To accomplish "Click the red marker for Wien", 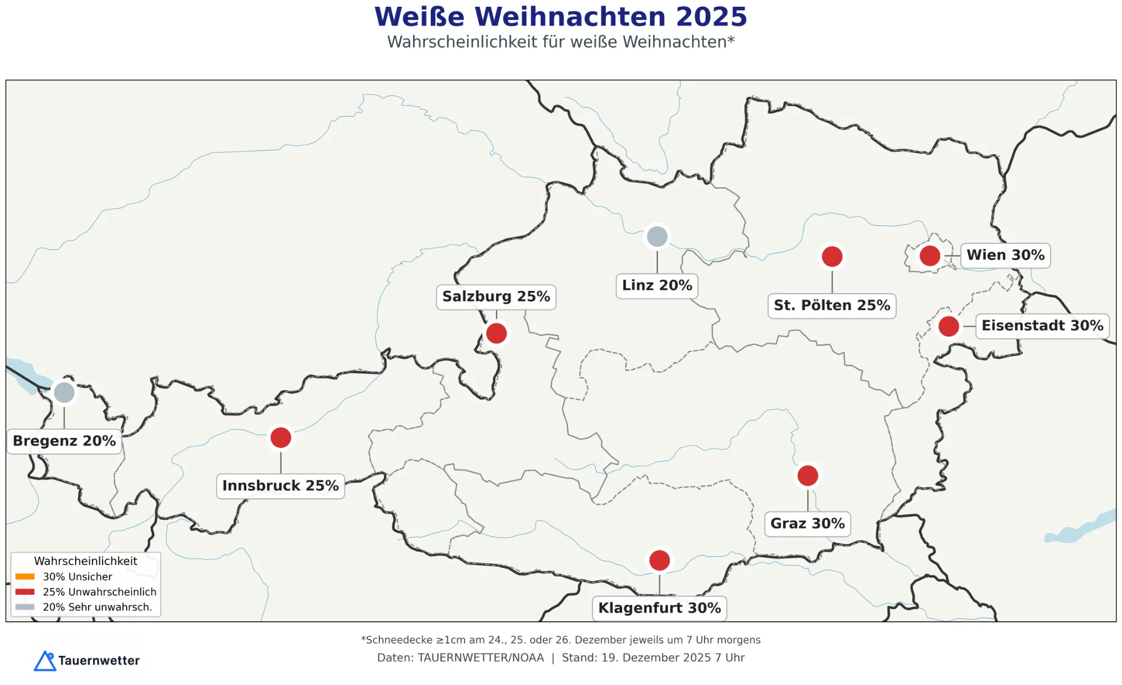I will [930, 256].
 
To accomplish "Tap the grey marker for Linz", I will [657, 237].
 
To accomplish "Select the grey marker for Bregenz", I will [64, 392].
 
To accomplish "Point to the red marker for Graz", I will [807, 476].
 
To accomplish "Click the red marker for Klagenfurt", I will [659, 560].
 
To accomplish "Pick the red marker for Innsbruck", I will [280, 438].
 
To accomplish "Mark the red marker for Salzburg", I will [496, 334].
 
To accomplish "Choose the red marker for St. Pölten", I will [832, 256].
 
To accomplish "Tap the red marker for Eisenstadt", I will [949, 326].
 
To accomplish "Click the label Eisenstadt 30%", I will [1042, 326].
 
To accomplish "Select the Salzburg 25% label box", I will [496, 297].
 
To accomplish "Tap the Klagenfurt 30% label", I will [659, 608].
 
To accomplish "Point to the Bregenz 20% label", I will [65, 441].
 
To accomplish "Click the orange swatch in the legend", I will [25, 576].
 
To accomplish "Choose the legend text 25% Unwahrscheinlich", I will [99, 592].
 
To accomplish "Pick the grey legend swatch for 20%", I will [25, 607].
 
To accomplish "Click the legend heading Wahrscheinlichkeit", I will [85, 561].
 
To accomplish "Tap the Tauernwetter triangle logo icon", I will [45, 661].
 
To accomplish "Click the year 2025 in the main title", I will [711, 17].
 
